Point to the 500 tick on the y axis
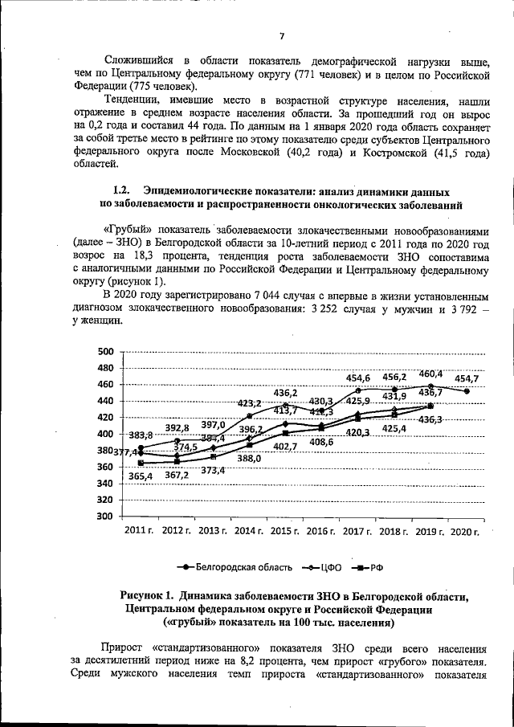coord(105,351)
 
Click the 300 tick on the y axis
coord(105,517)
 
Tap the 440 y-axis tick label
coord(105,401)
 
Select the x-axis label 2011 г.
coord(140,532)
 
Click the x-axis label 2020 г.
coord(465,532)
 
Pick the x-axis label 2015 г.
coord(284,532)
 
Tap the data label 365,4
coord(141,476)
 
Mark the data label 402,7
coord(285,447)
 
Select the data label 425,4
coord(394,428)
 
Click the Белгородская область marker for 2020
coord(466,391)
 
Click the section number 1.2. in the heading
coord(121,191)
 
